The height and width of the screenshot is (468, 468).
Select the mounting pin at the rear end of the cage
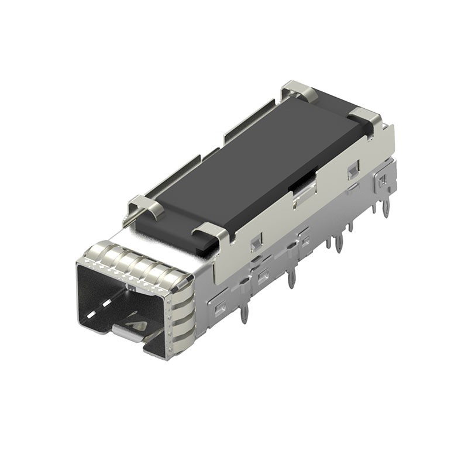coord(386,208)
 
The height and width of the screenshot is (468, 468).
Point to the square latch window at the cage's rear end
coord(382,181)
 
